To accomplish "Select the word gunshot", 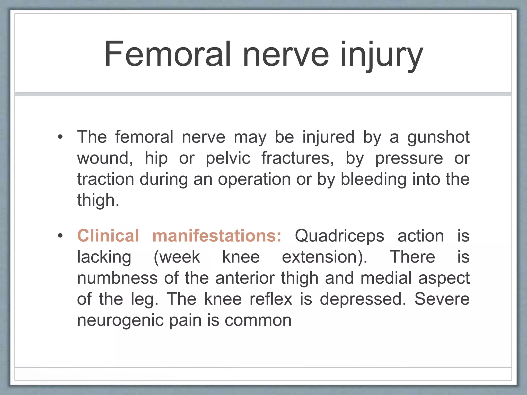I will pos(438,137).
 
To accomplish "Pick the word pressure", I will pos(409,158).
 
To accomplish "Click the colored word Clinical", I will pos(108,236).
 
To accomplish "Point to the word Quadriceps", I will pos(339,236).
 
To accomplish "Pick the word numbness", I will pos(117,278).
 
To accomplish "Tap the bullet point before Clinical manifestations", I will pos(60,236).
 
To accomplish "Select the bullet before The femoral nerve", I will pos(60,137).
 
